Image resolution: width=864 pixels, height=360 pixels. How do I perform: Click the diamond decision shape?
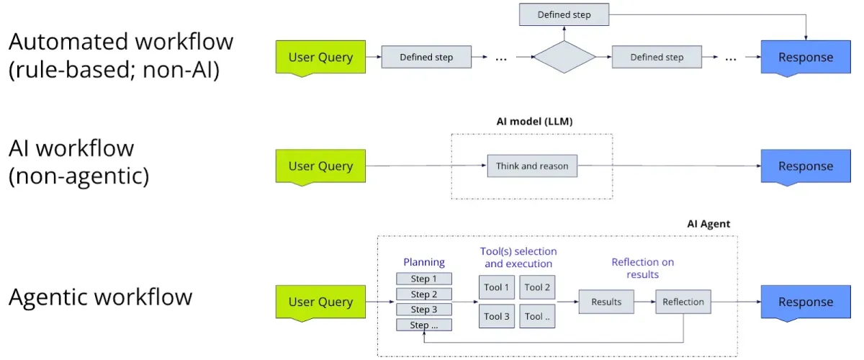coord(564,57)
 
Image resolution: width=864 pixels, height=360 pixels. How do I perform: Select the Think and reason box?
coord(532,166)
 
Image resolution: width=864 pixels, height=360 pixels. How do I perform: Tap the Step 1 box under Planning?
coord(424,279)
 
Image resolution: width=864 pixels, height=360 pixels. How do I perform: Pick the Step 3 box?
coord(424,310)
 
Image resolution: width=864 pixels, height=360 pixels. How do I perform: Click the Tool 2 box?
coord(537,287)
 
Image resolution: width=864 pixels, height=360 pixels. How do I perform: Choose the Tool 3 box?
coord(497,316)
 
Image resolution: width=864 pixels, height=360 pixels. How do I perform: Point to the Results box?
coord(606,302)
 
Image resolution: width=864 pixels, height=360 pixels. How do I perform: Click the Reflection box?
coord(683,302)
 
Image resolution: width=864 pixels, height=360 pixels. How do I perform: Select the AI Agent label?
coord(708,224)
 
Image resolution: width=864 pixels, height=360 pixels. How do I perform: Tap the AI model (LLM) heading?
coord(534,122)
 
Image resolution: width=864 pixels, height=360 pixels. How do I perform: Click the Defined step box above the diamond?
coord(564,14)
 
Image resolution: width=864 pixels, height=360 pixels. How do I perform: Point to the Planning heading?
coord(424,262)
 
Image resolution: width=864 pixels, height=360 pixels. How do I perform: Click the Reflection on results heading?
coord(642,268)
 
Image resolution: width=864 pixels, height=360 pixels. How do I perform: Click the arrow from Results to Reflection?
coord(645,302)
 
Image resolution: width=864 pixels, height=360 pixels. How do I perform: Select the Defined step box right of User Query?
coord(426,57)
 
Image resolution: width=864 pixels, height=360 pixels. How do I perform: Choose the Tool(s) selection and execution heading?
coord(518,257)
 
